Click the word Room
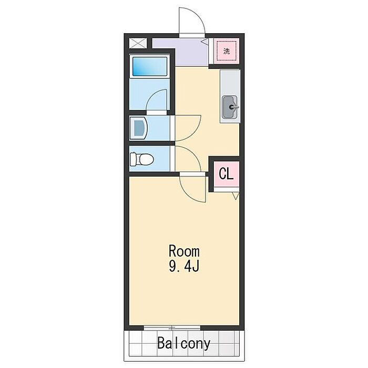(x=184, y=251)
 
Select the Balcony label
(x=184, y=343)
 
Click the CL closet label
(x=226, y=173)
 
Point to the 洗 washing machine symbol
(x=227, y=51)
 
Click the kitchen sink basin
(x=230, y=107)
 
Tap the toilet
(x=142, y=159)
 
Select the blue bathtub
(x=149, y=66)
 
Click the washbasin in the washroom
(x=138, y=128)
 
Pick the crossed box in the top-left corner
(x=138, y=44)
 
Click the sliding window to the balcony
(x=172, y=328)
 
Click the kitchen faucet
(x=234, y=107)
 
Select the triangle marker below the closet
(x=236, y=196)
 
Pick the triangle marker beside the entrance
(x=205, y=42)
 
